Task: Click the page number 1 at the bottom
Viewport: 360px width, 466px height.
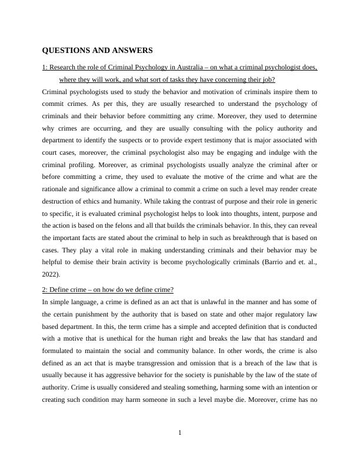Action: (180, 433)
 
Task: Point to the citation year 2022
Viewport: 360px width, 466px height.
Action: (51, 274)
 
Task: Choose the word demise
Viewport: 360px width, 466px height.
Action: (82, 262)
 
